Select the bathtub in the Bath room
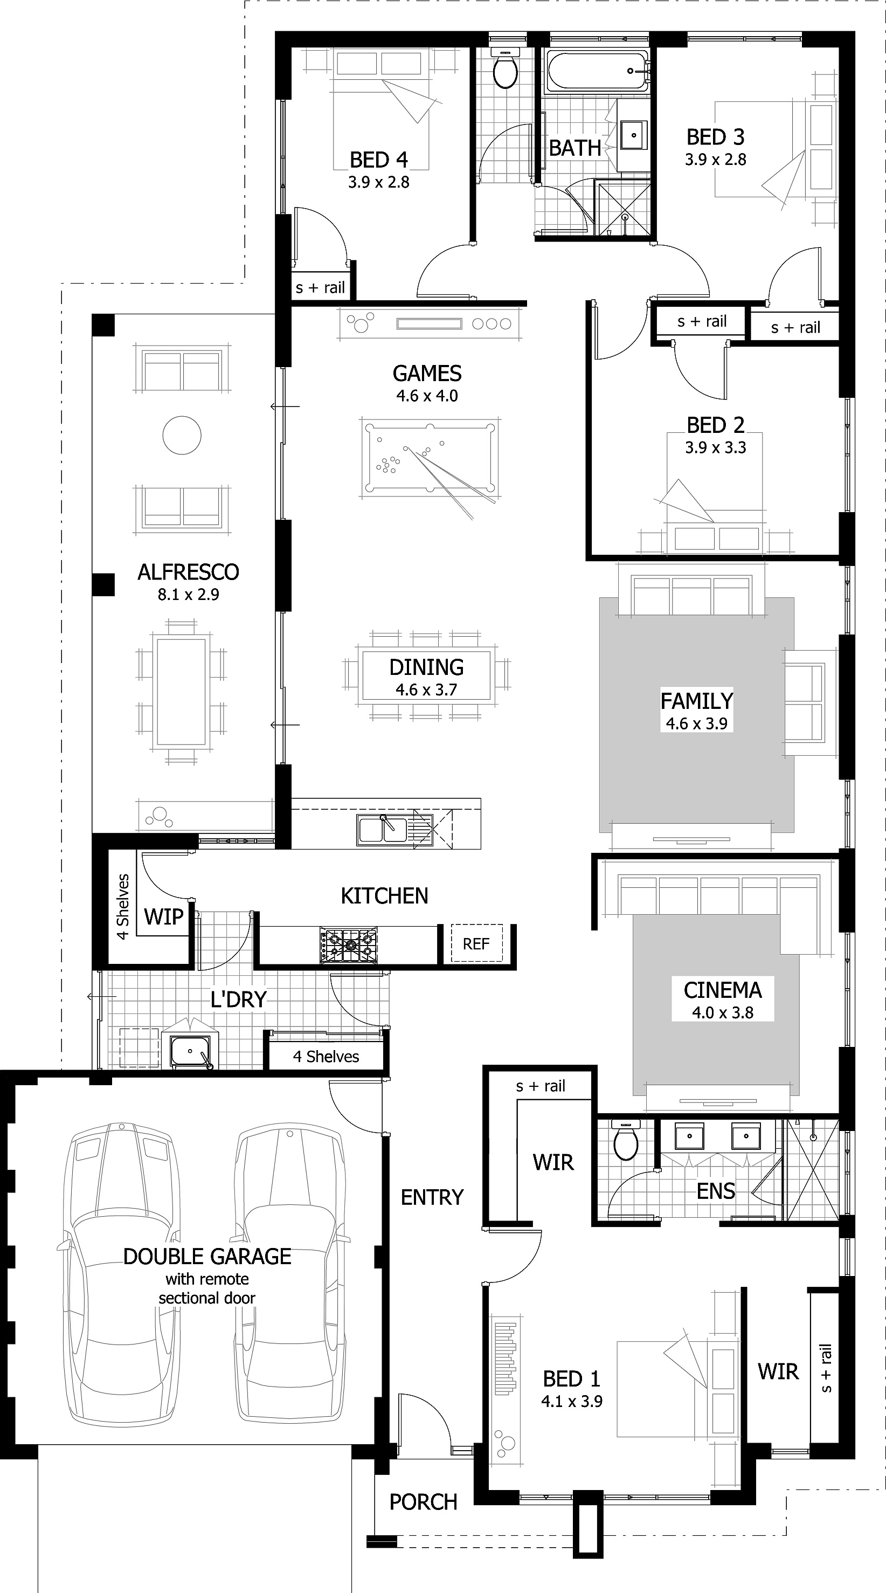coord(597,72)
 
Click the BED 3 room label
coord(715,137)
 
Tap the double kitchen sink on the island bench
coord(382,830)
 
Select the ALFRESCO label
coord(188,572)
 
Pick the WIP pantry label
coord(164,916)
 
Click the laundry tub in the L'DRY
coord(190,1051)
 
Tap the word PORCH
coord(423,1502)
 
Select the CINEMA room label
coord(723,990)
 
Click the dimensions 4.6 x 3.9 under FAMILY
coord(697,723)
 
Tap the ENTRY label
coord(432,1198)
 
